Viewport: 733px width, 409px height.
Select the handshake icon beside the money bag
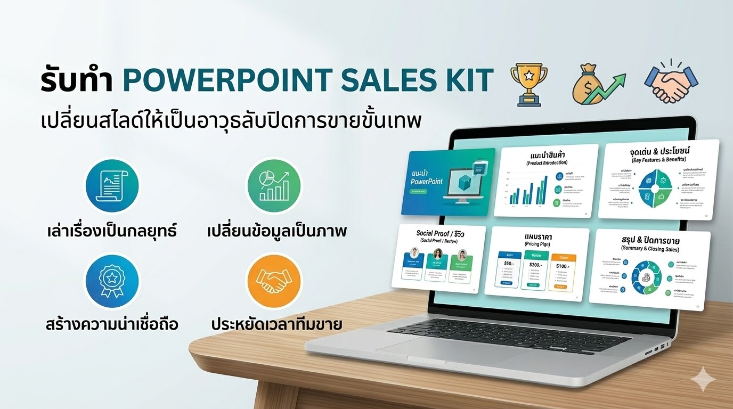[671, 83]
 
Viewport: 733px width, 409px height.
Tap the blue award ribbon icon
[112, 281]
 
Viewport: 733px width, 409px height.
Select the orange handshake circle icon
[273, 281]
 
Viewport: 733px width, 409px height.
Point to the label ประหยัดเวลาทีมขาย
[276, 324]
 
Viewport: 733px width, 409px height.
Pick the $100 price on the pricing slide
[563, 266]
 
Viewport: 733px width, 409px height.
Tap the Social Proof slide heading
[441, 233]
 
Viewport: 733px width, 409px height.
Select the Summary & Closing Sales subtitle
[650, 249]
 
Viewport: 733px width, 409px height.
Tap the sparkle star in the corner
[703, 379]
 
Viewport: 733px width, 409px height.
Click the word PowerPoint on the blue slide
[427, 182]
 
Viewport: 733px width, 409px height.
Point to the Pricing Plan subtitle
[538, 243]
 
